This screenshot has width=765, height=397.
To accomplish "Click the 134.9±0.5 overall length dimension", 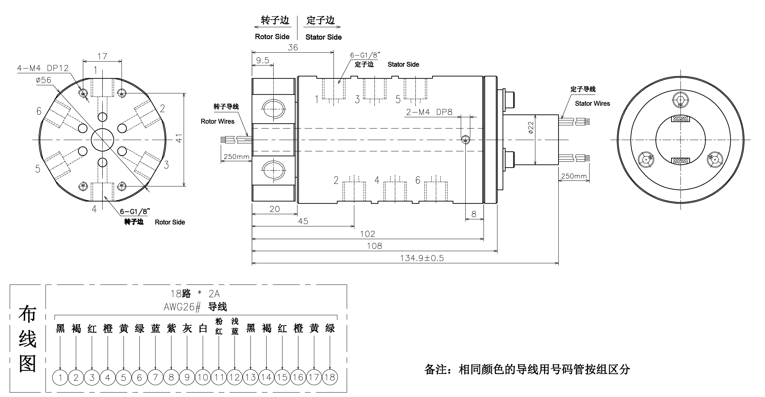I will point(422,258).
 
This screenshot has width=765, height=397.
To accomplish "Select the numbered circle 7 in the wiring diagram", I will point(155,377).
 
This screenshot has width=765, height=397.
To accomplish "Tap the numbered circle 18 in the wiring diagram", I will point(330,377).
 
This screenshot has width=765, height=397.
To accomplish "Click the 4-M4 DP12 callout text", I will point(43,68).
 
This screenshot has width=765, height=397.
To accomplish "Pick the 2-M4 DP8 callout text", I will point(429,112).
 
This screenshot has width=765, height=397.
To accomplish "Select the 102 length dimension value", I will point(367,234).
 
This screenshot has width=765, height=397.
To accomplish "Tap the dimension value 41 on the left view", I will point(179,138).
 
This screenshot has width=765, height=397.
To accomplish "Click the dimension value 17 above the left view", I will point(102,56).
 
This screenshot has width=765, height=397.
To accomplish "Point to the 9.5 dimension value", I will point(263,60).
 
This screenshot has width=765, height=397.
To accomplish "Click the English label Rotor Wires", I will point(217,121).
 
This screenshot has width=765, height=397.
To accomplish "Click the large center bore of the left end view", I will point(102,140).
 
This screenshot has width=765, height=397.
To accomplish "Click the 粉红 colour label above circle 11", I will point(219,326).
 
